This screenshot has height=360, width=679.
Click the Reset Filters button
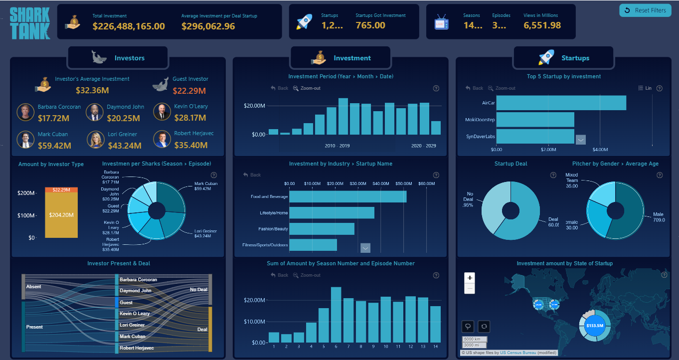click(645, 10)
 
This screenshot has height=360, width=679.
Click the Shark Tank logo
click(29, 23)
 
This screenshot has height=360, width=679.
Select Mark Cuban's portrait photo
click(25, 140)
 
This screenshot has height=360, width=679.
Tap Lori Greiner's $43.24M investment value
click(125, 146)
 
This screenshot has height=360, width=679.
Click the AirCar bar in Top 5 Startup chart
click(561, 103)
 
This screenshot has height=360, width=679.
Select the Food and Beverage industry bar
click(347, 196)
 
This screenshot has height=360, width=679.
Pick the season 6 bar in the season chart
click(336, 315)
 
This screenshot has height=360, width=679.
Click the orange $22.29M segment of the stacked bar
click(61, 190)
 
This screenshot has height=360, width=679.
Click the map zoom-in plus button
click(470, 278)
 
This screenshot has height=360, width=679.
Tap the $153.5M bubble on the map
click(594, 326)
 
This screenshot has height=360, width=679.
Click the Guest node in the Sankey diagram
click(117, 302)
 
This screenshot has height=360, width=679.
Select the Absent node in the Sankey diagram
click(23, 287)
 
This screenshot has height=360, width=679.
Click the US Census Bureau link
click(518, 353)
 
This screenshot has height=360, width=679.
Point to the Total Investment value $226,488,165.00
click(129, 26)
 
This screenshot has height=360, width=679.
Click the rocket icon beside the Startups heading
click(546, 58)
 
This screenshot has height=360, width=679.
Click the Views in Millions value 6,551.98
click(542, 25)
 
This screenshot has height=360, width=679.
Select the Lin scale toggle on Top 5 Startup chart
click(645, 88)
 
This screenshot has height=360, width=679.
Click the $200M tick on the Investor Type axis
click(27, 193)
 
